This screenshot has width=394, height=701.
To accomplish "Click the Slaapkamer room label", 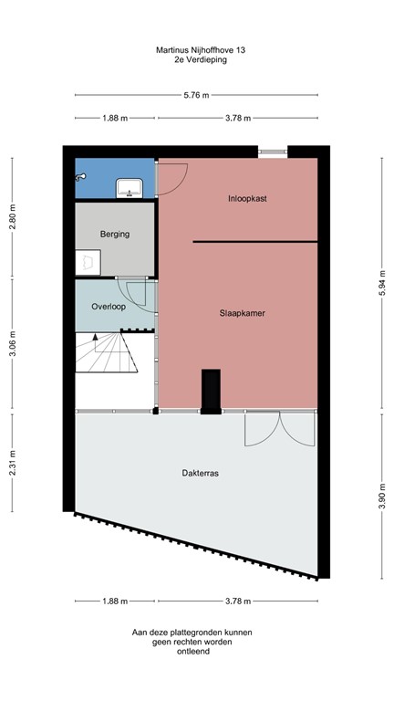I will (241, 313).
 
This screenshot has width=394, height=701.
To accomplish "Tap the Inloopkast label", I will (246, 198).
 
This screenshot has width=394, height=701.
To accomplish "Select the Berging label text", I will (115, 234).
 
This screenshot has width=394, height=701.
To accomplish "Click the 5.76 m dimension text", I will (196, 95).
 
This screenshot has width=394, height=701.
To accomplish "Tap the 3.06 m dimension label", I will (12, 349).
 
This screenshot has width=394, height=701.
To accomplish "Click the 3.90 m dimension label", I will (381, 498).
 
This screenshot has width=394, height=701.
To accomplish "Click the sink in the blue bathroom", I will (128, 188).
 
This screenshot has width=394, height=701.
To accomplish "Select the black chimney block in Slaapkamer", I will (211, 390).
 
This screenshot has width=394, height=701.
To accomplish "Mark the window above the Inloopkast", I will (271, 152).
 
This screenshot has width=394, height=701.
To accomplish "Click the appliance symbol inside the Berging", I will (88, 263).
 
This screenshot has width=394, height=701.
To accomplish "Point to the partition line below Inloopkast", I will (254, 241).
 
